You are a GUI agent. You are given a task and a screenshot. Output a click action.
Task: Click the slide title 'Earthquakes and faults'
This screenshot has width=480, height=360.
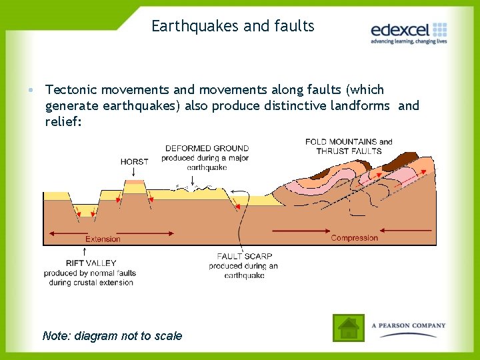click(233, 26)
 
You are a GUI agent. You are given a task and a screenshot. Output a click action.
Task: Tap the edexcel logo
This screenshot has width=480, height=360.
click(409, 30)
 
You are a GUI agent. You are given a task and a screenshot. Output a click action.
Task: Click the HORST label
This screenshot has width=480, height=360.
click(135, 161)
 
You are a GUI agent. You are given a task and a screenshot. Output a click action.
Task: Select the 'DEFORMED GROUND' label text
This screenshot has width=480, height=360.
click(207, 149)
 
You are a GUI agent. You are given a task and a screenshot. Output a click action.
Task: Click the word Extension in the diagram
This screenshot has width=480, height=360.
click(103, 239)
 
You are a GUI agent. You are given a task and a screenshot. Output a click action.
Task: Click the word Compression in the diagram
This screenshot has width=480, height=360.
click(354, 238)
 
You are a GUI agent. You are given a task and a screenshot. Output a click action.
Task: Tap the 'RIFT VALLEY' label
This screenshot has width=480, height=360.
click(91, 263)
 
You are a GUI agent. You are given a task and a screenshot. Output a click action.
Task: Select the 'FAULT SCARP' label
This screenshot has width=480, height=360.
click(244, 257)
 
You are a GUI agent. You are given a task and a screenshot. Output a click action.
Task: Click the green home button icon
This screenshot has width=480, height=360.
click(348, 328)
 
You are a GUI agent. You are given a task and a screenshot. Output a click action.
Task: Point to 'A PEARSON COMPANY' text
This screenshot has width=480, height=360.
click(409, 325)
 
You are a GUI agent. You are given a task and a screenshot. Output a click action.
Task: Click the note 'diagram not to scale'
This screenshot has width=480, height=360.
click(112, 335)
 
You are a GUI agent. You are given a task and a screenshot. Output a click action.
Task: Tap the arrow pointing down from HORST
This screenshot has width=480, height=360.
click(134, 173)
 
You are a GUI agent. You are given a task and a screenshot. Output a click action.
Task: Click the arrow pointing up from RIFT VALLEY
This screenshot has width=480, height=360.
click(85, 251)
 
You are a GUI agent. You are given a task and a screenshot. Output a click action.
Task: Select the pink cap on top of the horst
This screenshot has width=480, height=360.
click(135, 181)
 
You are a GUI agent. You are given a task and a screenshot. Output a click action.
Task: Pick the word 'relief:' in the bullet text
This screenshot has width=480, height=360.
click(63, 121)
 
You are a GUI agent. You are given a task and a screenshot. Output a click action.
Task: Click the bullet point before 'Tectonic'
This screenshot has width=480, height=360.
click(32, 90)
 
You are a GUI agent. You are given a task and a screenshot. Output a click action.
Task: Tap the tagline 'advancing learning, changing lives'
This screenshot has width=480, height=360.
click(409, 41)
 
